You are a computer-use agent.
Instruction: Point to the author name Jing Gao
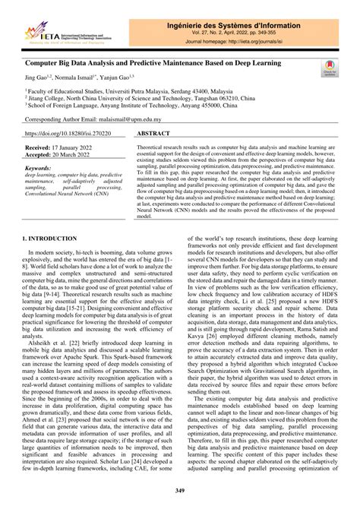point(36,77)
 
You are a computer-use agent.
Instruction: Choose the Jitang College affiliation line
point(121,98)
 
